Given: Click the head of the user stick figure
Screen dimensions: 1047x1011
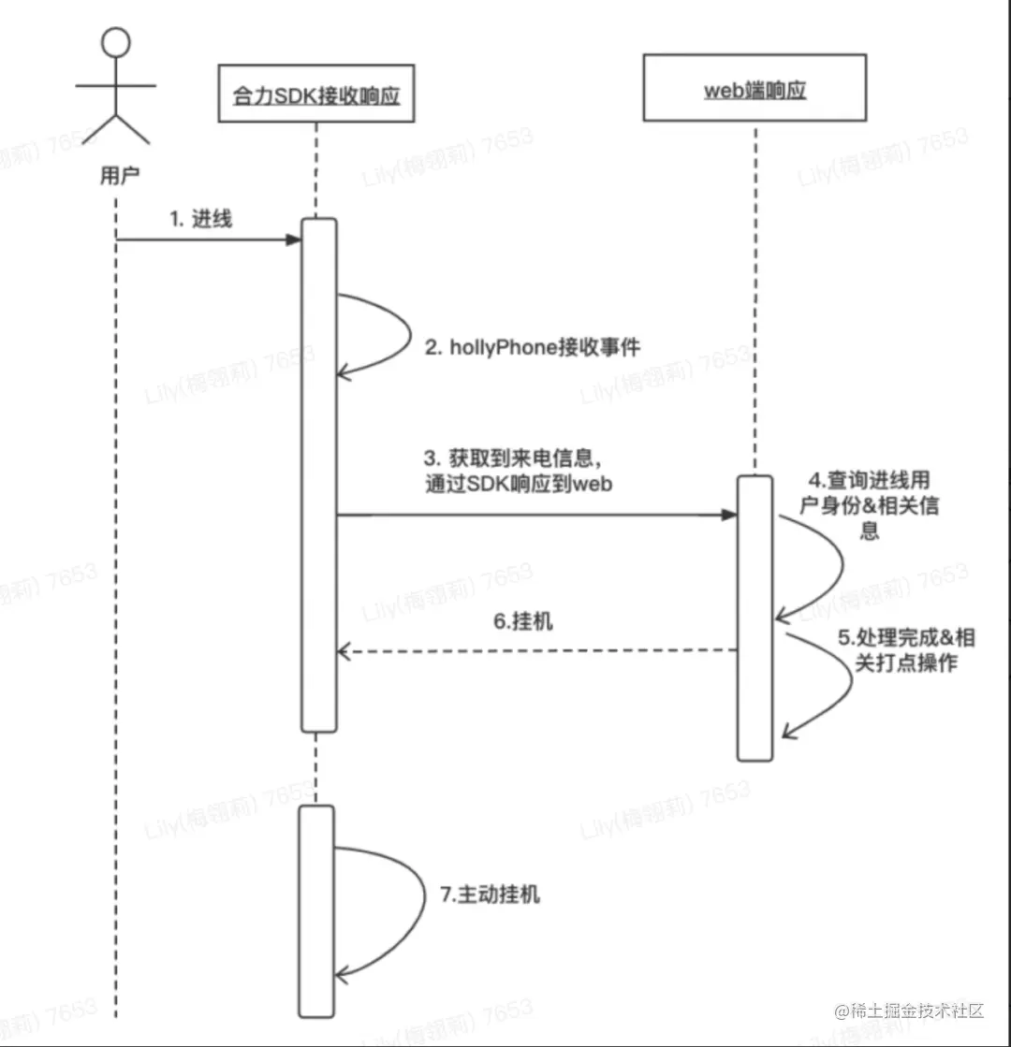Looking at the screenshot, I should coord(115,42).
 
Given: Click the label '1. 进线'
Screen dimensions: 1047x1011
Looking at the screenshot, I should coord(200,220).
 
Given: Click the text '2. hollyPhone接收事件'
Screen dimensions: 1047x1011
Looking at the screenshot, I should coord(533,347).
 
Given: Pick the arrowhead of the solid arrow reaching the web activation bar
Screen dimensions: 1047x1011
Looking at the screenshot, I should coord(727,515).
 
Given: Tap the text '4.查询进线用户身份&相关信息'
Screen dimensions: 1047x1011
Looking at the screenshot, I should coord(874,506).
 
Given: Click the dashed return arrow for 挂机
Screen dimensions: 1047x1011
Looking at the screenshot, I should coord(534,650).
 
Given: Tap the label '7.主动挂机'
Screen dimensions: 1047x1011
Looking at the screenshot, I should coord(490,894).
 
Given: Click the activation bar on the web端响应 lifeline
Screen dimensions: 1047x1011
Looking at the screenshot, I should coord(754,618).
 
